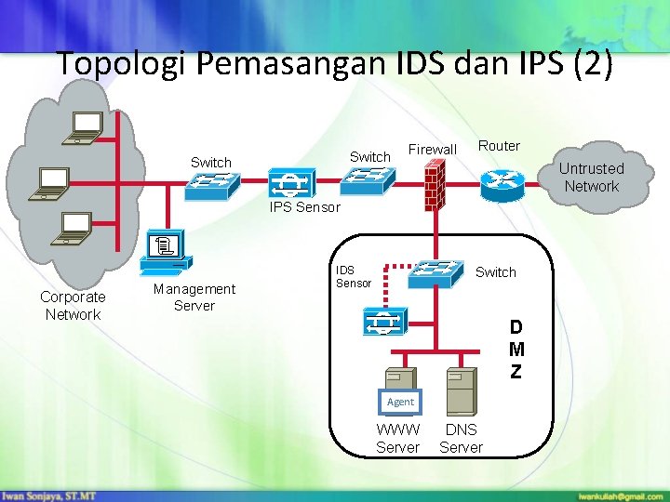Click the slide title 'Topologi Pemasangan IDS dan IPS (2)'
pyautogui.click(x=334, y=64)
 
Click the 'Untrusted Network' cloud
pyautogui.click(x=591, y=177)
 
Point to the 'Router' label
pyautogui.click(x=499, y=145)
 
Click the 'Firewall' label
pyautogui.click(x=433, y=150)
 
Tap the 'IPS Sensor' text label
pyautogui.click(x=305, y=207)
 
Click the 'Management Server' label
pyautogui.click(x=194, y=297)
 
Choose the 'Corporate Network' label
pyautogui.click(x=73, y=306)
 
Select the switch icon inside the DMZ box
pyautogui.click(x=437, y=271)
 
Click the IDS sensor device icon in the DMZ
pyautogui.click(x=382, y=323)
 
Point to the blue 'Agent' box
pyautogui.click(x=400, y=402)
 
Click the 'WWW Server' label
pyautogui.click(x=397, y=438)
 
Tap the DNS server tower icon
pyautogui.click(x=460, y=390)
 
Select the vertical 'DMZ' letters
pyautogui.click(x=516, y=350)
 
